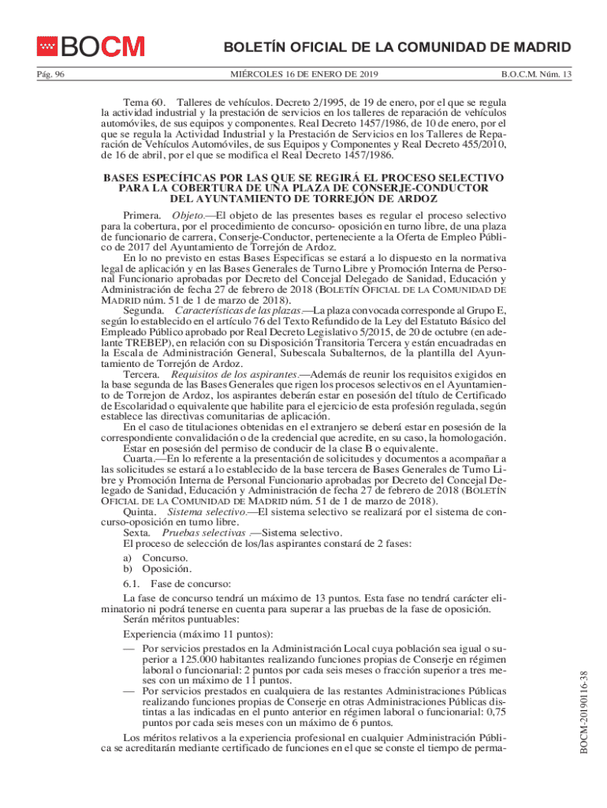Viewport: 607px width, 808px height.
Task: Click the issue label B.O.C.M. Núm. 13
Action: click(537, 75)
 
